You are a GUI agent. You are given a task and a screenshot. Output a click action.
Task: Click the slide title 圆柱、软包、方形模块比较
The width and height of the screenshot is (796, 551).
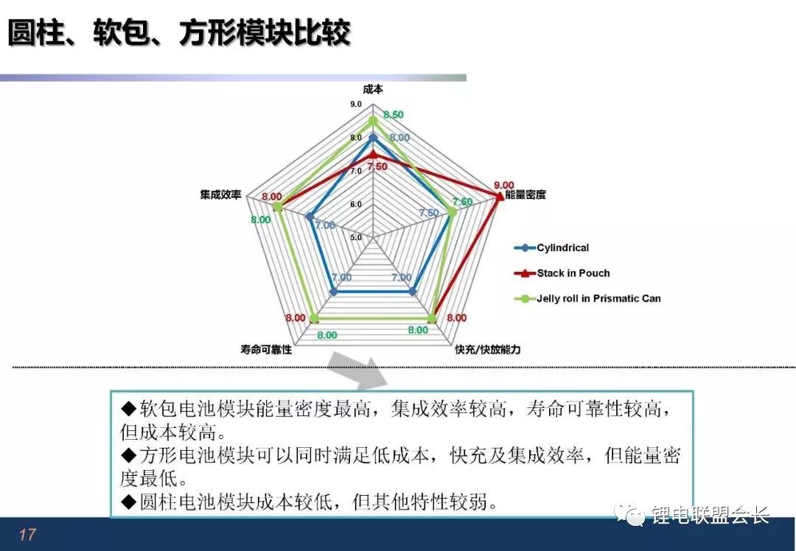point(179,33)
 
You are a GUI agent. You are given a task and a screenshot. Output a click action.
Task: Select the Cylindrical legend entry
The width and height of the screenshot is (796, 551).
point(552,248)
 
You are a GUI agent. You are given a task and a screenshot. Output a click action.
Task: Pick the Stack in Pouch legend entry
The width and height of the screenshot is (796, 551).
point(562,273)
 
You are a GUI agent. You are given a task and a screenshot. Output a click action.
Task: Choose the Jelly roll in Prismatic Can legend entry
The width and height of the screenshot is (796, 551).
point(587,298)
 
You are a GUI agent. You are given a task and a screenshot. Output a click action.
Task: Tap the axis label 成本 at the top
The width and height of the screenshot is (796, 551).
point(373,89)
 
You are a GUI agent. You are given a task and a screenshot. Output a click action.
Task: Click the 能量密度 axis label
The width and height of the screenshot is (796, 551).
point(526,194)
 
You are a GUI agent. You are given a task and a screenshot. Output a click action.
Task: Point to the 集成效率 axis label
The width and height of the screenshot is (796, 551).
point(220,194)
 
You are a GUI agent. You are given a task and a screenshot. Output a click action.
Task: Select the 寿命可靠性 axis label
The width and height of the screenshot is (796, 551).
point(266,350)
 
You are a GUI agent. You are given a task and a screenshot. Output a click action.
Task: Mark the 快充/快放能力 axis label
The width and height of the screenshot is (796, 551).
point(487,350)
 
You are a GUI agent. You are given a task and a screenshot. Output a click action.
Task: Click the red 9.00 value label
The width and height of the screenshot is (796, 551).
point(503,185)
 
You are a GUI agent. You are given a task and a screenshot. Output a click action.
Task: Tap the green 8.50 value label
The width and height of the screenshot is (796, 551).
point(394,115)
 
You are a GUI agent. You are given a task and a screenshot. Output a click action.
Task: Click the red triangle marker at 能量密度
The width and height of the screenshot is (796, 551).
point(500,195)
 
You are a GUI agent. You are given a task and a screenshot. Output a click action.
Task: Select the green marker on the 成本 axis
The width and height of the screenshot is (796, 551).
point(373,121)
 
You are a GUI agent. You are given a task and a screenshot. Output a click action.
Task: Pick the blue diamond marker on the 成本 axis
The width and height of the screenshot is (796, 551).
point(373,138)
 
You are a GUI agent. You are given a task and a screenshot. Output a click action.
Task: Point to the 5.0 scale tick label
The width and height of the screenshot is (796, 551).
point(356,237)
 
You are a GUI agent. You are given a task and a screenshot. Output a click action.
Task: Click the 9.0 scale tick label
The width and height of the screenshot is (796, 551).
point(356,104)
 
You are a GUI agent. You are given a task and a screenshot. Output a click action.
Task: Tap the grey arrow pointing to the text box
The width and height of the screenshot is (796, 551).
point(358,371)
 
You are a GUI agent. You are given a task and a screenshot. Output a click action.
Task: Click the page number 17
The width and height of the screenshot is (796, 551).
point(27,534)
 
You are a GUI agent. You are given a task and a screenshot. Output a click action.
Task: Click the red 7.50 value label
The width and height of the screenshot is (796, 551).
point(377,166)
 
